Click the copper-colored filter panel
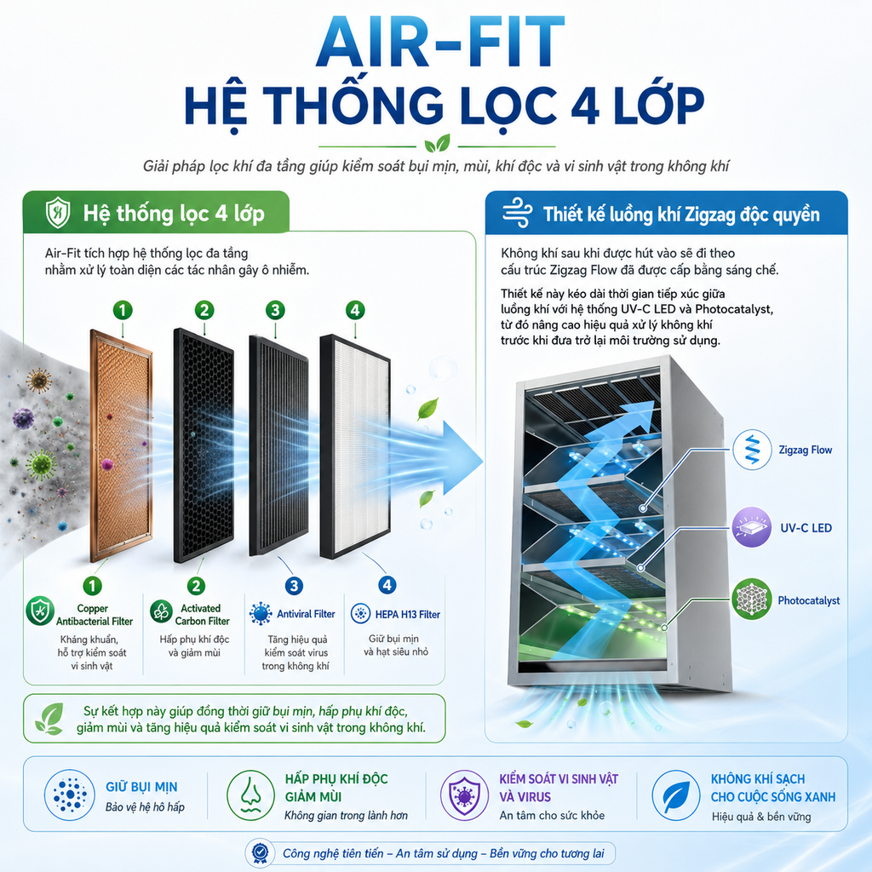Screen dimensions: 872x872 tap(121, 445)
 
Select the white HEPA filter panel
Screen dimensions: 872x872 tap(355, 446)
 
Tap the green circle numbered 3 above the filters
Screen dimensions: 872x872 tap(275, 310)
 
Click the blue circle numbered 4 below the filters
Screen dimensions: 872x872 tap(387, 585)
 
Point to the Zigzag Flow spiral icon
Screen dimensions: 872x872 tap(752, 450)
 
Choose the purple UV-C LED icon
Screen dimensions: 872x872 tap(752, 527)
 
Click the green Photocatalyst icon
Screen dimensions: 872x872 tap(752, 599)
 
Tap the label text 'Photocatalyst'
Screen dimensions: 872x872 tap(809, 600)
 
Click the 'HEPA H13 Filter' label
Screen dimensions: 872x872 tap(408, 615)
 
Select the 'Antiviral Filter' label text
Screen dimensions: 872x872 tap(306, 614)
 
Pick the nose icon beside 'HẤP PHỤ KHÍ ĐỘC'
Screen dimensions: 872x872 tap(251, 795)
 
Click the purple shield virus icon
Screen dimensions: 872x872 tap(464, 795)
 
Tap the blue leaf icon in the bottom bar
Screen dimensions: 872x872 tap(675, 795)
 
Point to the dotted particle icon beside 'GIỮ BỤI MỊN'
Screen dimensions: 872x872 tap(70, 795)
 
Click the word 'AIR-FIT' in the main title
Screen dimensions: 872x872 tap(440, 43)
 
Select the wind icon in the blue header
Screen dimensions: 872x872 tap(517, 212)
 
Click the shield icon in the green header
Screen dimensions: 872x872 tap(58, 212)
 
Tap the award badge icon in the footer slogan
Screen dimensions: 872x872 tap(260, 852)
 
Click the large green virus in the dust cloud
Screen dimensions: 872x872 tap(41, 465)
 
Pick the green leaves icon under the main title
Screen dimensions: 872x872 tap(437, 144)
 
